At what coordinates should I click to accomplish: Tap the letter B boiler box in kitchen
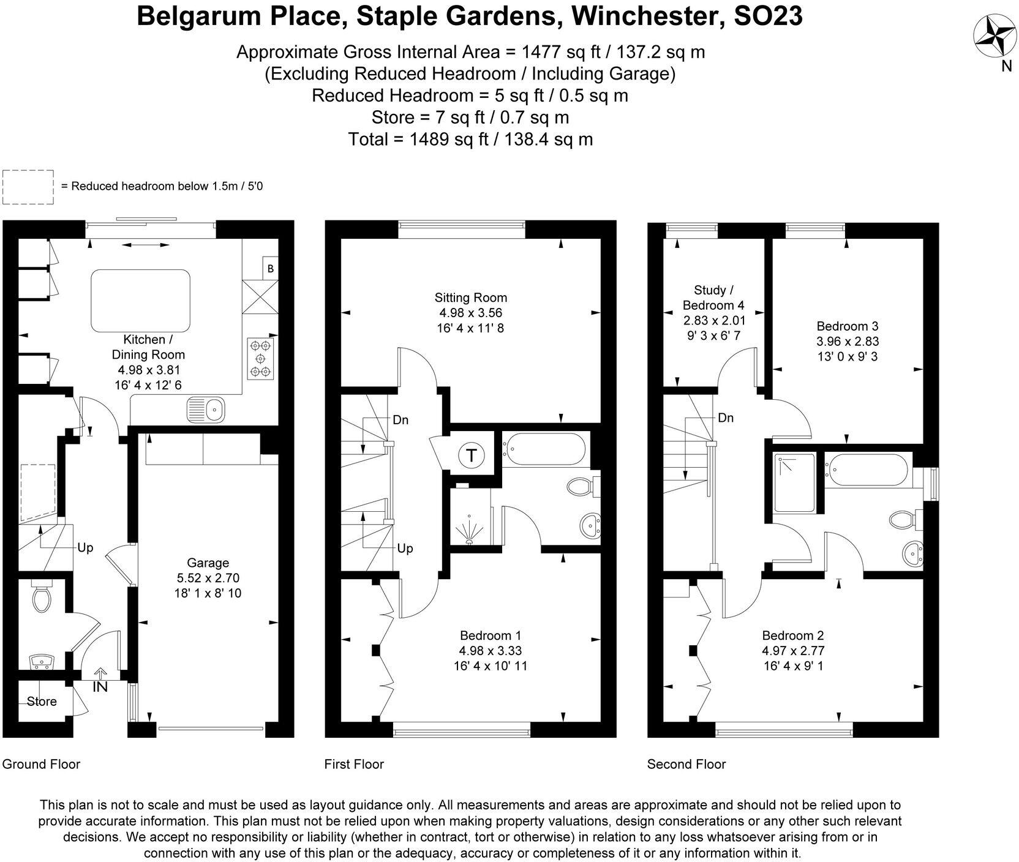pyautogui.click(x=270, y=269)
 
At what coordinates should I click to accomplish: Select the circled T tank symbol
pyautogui.click(x=472, y=455)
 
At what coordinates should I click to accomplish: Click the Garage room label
pyautogui.click(x=208, y=563)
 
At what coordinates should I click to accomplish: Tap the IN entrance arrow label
pyautogui.click(x=100, y=687)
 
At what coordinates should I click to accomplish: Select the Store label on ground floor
pyautogui.click(x=42, y=702)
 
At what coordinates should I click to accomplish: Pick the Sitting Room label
pyautogui.click(x=470, y=298)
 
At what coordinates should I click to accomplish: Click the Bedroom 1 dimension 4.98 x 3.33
pyautogui.click(x=490, y=651)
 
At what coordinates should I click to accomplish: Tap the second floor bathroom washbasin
pyautogui.click(x=914, y=555)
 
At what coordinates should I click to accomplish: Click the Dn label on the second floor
pyautogui.click(x=726, y=418)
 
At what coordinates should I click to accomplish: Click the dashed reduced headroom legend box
pyautogui.click(x=28, y=187)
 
